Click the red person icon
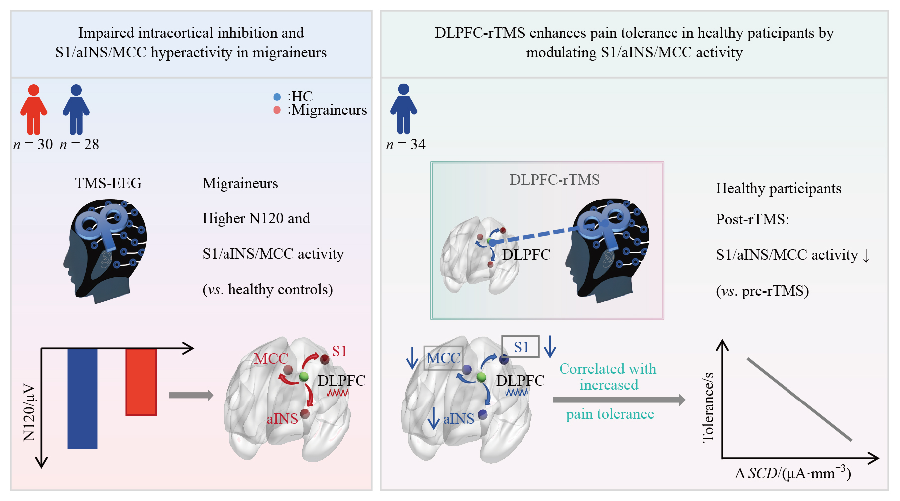[34, 109]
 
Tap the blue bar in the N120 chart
[82, 399]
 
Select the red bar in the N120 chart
[141, 382]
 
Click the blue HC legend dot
[277, 97]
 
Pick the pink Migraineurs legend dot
[277, 110]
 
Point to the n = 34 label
[406, 144]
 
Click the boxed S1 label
[520, 347]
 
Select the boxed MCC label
[443, 358]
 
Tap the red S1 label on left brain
[339, 351]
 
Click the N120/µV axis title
[29, 412]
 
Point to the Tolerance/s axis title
[708, 407]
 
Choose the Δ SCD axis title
[793, 472]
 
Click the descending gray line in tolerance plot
[799, 399]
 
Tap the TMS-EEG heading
[109, 183]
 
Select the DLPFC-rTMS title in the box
[555, 179]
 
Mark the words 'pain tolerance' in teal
[610, 414]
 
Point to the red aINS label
[282, 418]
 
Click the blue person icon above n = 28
[76, 109]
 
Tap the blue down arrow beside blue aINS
[434, 418]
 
